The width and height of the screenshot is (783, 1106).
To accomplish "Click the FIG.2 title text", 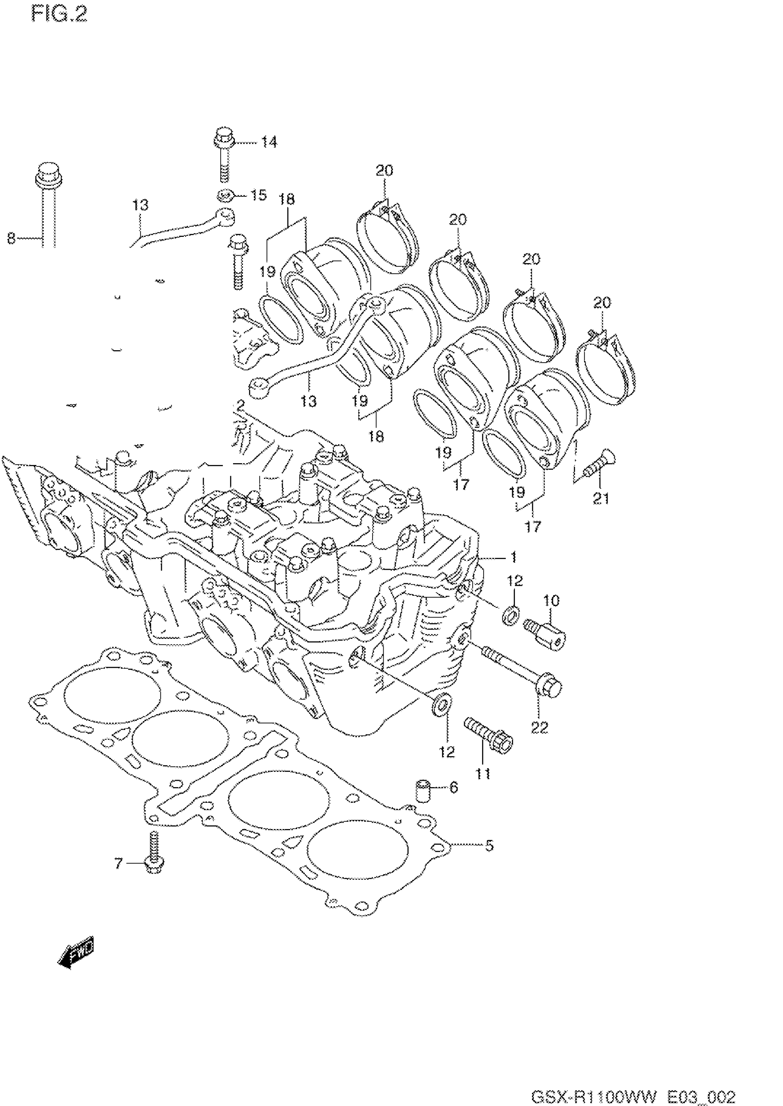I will click(60, 14).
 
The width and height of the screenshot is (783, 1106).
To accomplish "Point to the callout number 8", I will click(11, 238).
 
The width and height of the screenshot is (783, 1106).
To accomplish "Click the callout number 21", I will click(601, 498).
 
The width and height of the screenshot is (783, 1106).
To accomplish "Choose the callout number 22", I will click(539, 727).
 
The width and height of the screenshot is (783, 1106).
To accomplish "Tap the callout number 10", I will click(551, 600).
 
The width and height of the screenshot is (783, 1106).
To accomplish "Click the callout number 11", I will click(483, 774).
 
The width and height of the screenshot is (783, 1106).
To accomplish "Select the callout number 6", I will click(454, 788).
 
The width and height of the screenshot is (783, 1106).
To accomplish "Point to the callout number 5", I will click(489, 846).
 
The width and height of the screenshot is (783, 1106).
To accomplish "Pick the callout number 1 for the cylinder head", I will click(514, 557).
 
